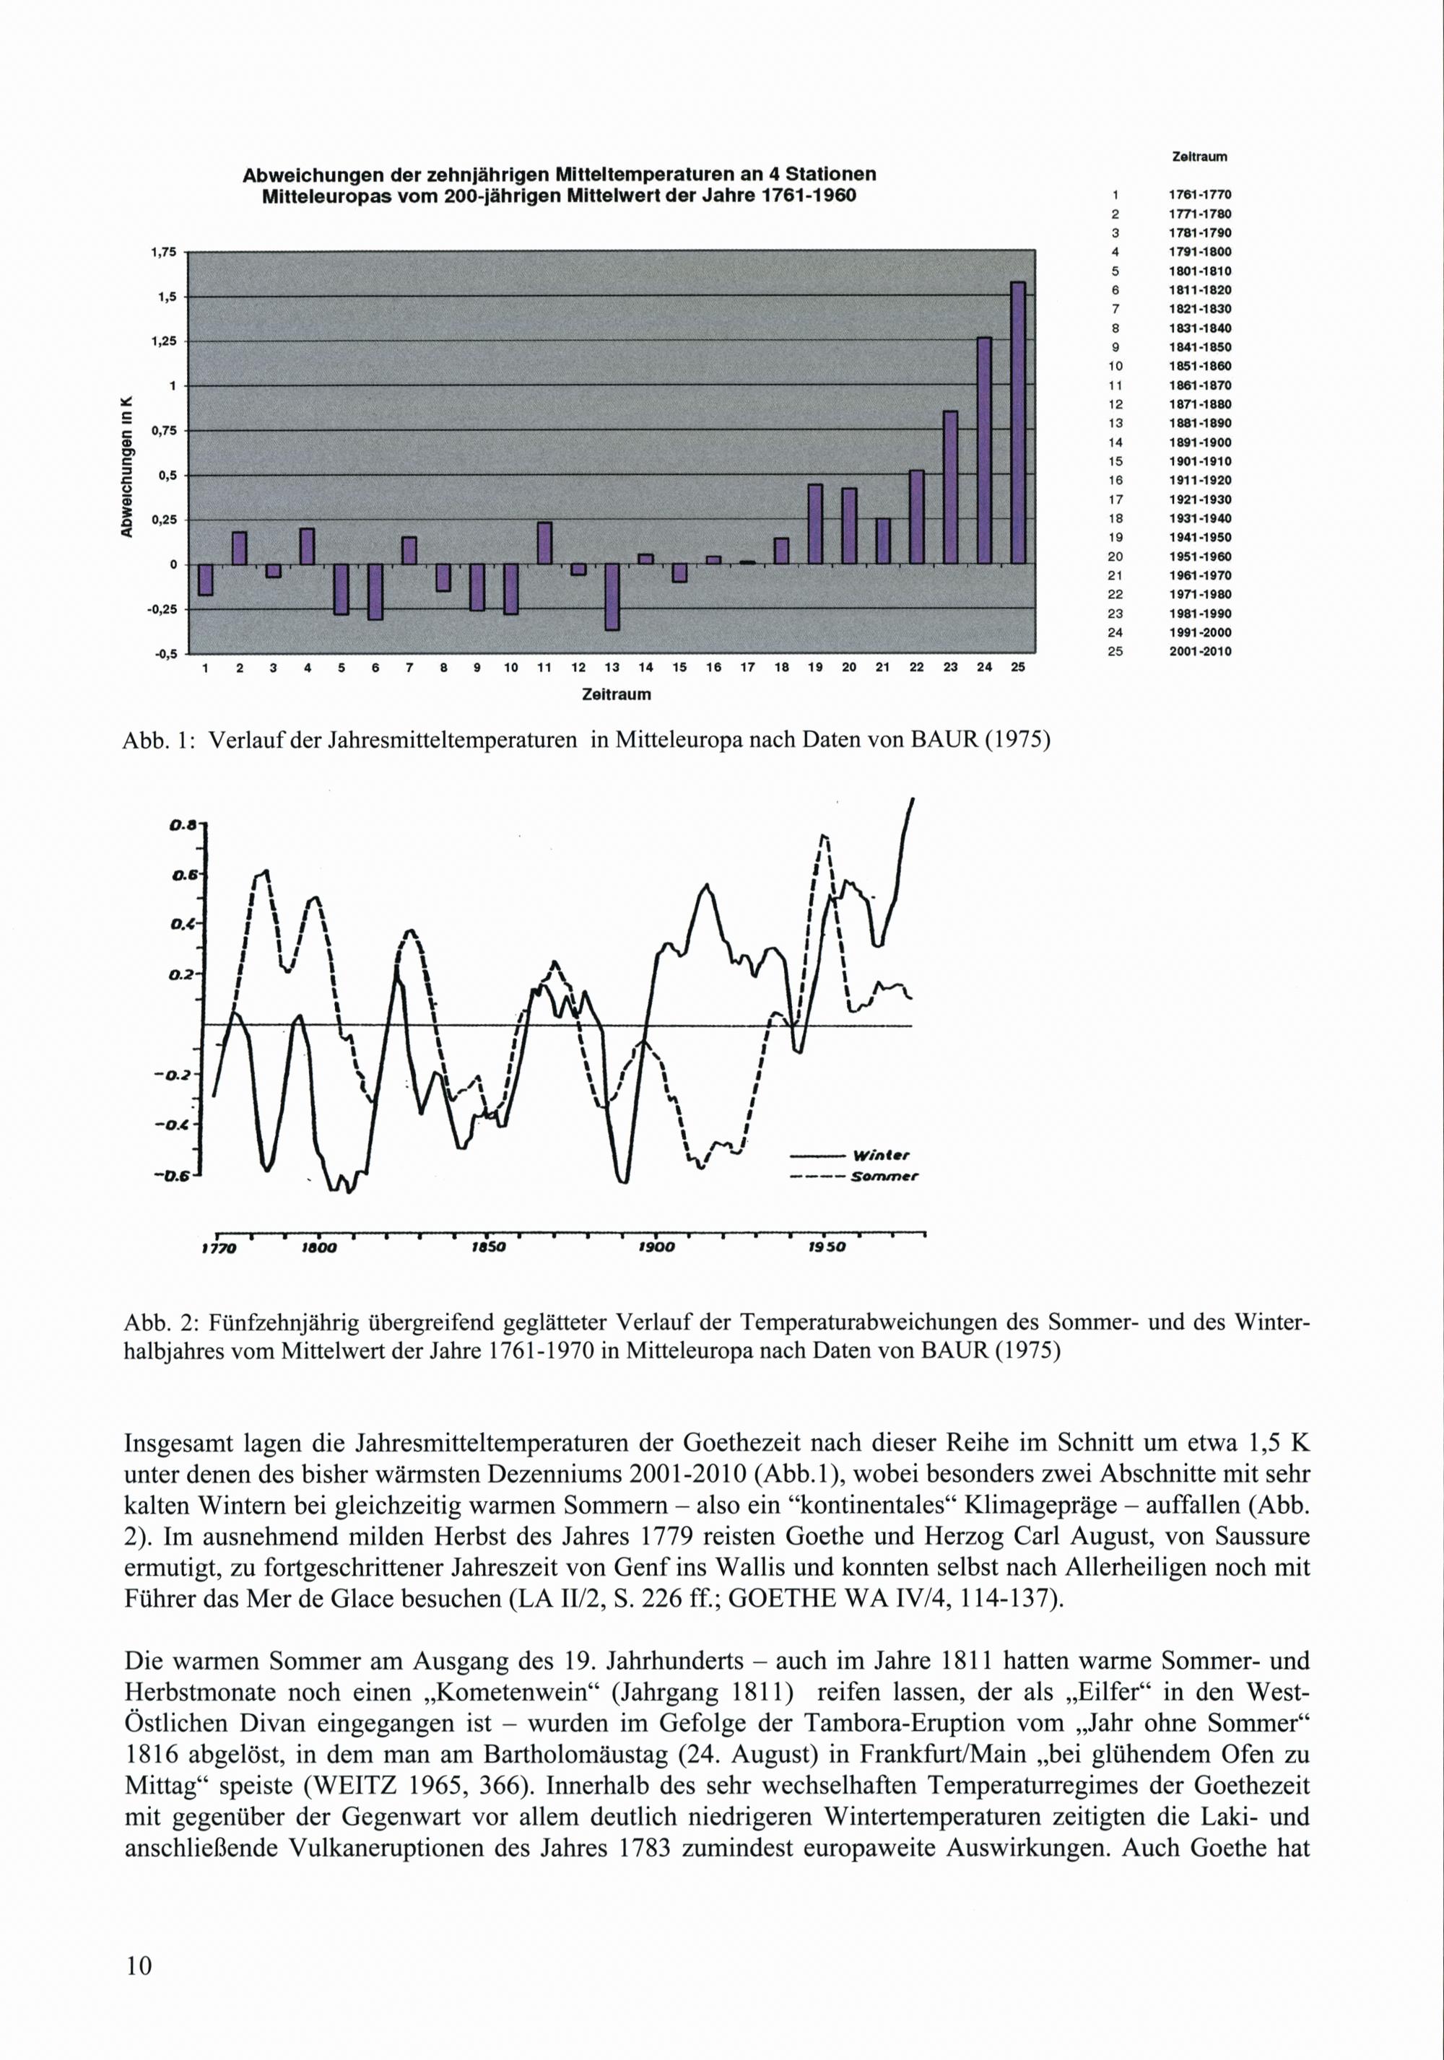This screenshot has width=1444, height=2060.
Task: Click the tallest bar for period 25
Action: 1018,422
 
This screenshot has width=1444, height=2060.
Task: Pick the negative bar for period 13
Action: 612,597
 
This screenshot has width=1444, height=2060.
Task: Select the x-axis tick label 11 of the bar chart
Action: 544,668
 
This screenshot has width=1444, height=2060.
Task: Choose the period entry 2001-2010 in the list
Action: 1199,651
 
